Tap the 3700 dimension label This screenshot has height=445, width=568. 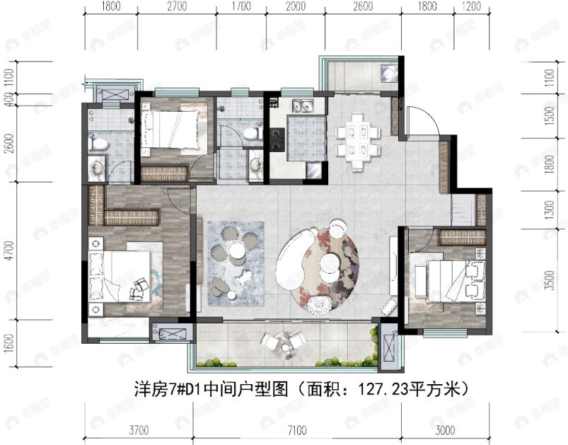click(139, 428)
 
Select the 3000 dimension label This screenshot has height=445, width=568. click(446, 428)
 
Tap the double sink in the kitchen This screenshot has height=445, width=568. click(305, 107)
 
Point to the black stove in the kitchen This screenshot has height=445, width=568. click(277, 138)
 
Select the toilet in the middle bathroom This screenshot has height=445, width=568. click(249, 133)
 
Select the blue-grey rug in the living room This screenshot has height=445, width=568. click(236, 258)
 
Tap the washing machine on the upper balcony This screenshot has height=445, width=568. click(388, 73)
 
